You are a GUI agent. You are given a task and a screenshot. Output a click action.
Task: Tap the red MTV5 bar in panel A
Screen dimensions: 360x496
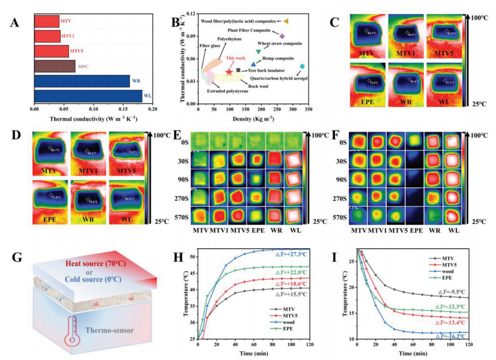tap(51, 51)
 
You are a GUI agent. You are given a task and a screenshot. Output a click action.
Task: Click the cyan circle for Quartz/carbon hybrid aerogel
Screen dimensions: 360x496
tap(302, 66)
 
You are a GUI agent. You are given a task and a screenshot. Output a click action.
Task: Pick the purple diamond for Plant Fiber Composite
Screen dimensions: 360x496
tap(282, 36)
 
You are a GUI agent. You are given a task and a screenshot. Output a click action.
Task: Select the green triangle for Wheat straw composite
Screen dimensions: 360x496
tap(258, 51)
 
